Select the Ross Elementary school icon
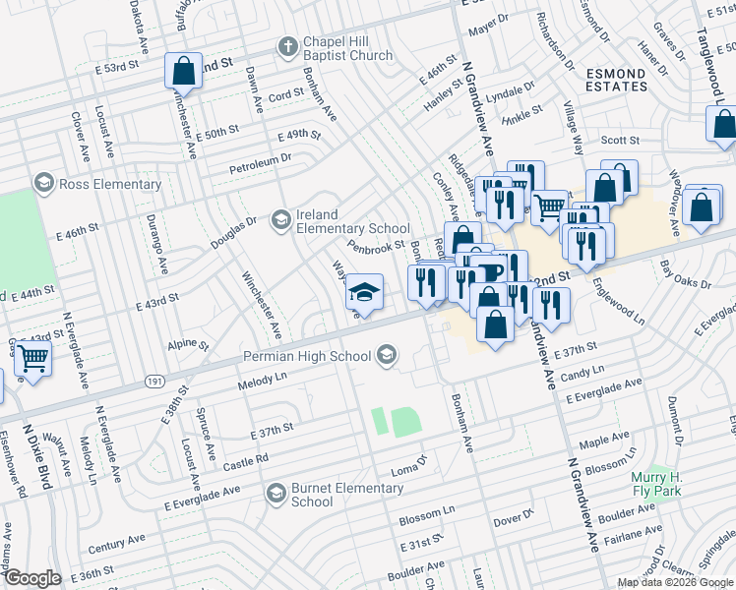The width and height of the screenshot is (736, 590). click(43, 184)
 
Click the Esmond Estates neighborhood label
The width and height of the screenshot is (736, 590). click(617, 80)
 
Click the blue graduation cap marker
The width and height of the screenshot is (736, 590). click(364, 293)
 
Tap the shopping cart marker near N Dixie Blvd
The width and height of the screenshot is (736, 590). click(32, 362)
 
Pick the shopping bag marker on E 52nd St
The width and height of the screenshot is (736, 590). click(183, 71)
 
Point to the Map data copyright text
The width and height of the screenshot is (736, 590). click(674, 582)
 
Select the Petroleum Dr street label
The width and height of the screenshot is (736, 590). click(260, 157)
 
